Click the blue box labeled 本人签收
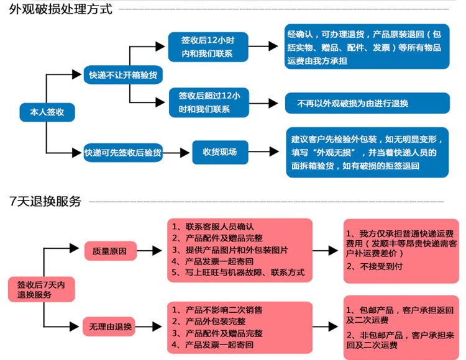(47, 112)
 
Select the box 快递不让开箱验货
(123, 74)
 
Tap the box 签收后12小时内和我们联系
(208, 47)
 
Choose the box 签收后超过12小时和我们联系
(209, 102)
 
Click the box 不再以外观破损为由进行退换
(367, 103)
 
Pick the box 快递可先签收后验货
(123, 153)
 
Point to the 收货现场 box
(220, 152)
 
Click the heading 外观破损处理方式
(61, 9)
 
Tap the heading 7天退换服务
(45, 201)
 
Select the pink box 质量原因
(111, 251)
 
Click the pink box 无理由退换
(109, 326)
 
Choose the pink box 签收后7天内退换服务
(41, 289)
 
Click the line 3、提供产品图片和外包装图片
(230, 250)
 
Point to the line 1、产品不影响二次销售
(217, 310)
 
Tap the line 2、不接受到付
(374, 266)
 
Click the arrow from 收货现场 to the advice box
(263, 151)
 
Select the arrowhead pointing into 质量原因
(74, 248)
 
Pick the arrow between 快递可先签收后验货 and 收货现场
(176, 153)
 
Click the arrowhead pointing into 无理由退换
(74, 326)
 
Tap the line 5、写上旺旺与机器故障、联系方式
(238, 272)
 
